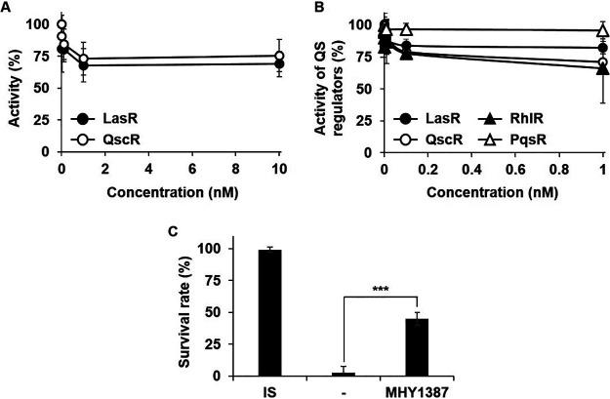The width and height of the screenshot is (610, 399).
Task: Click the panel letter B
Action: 314,8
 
